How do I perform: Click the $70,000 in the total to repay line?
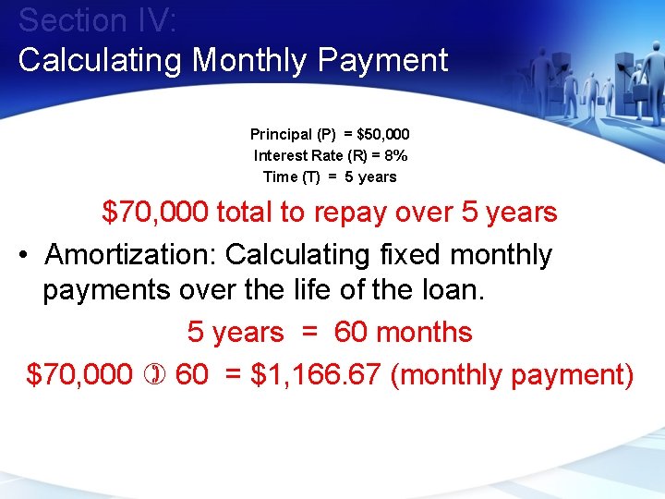coord(154,213)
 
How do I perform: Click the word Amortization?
coord(130,254)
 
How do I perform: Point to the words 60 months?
coord(403,333)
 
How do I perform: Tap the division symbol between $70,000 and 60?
coord(153,376)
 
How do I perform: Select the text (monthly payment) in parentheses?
coord(513,375)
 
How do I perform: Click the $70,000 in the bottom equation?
coord(79,375)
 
